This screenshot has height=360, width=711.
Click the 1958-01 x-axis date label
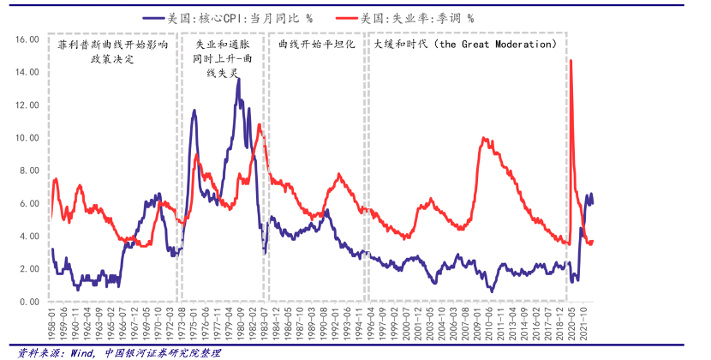click(53, 327)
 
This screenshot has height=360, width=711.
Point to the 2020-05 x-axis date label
click(571, 327)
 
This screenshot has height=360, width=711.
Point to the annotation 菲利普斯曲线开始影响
click(113, 44)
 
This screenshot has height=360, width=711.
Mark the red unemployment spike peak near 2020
click(571, 60)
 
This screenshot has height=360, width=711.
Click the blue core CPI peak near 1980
click(237, 79)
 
